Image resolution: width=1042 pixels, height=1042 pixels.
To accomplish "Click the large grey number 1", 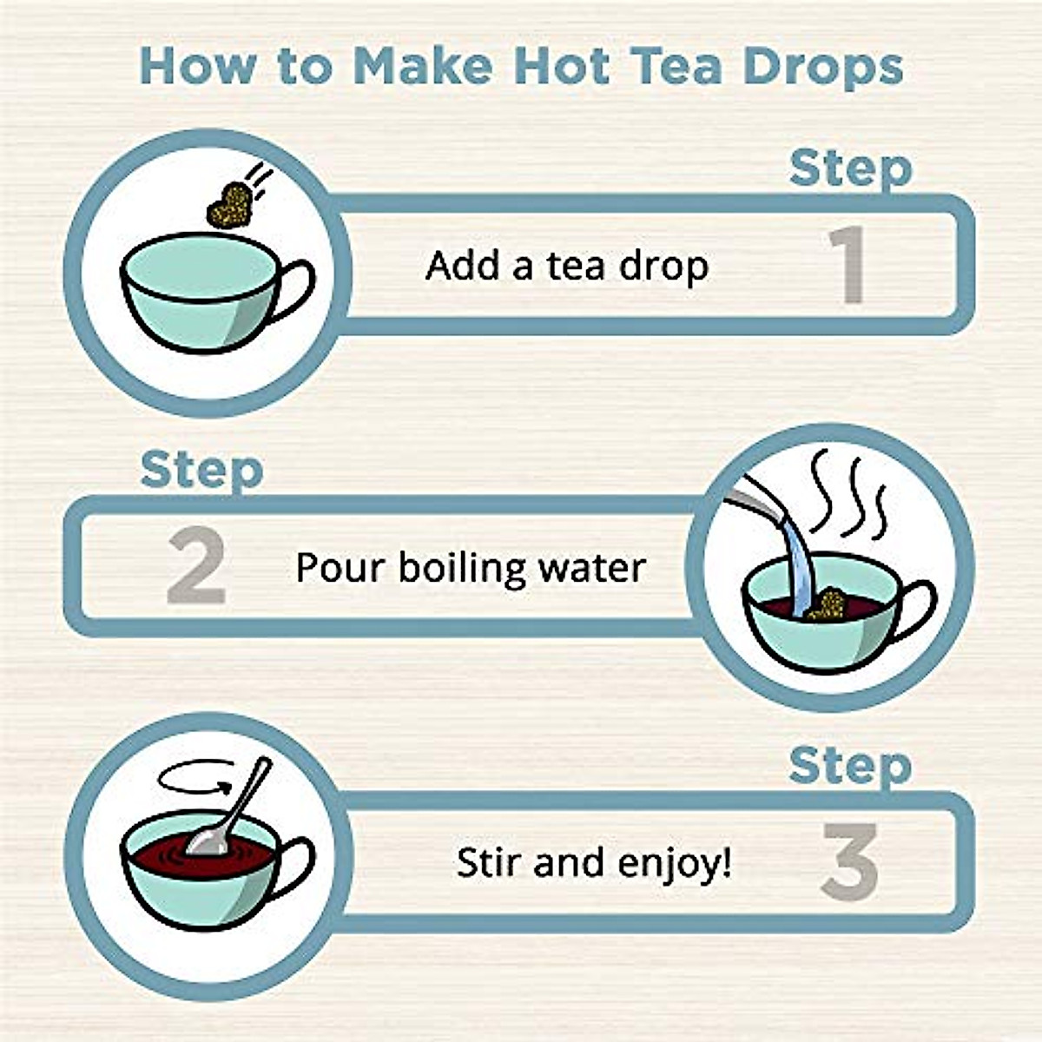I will coord(847,265).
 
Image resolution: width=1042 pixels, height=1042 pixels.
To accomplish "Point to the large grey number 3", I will coord(849,861).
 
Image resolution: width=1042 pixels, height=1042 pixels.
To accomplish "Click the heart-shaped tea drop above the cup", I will coord(229,207).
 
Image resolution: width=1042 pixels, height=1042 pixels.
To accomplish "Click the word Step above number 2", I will coord(201,472).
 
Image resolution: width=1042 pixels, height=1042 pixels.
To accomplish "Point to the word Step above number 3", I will coord(850,767).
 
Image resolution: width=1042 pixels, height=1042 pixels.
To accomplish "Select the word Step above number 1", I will coord(850,168).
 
